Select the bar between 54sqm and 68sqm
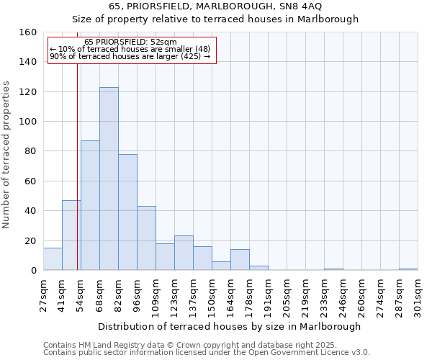point(90,205)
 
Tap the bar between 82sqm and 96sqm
point(127,212)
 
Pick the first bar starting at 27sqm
point(53,259)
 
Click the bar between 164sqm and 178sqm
point(240,260)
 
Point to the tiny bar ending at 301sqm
point(408,269)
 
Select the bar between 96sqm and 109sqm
point(146,238)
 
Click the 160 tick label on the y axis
point(28,32)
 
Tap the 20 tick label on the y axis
point(31,241)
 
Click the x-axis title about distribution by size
point(229,326)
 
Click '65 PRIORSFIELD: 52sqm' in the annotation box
point(130,42)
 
